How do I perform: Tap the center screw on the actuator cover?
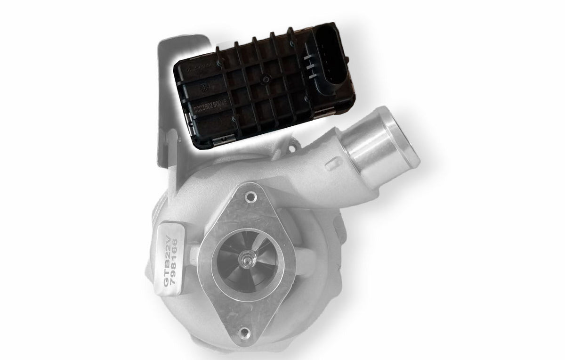[x=265, y=79]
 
